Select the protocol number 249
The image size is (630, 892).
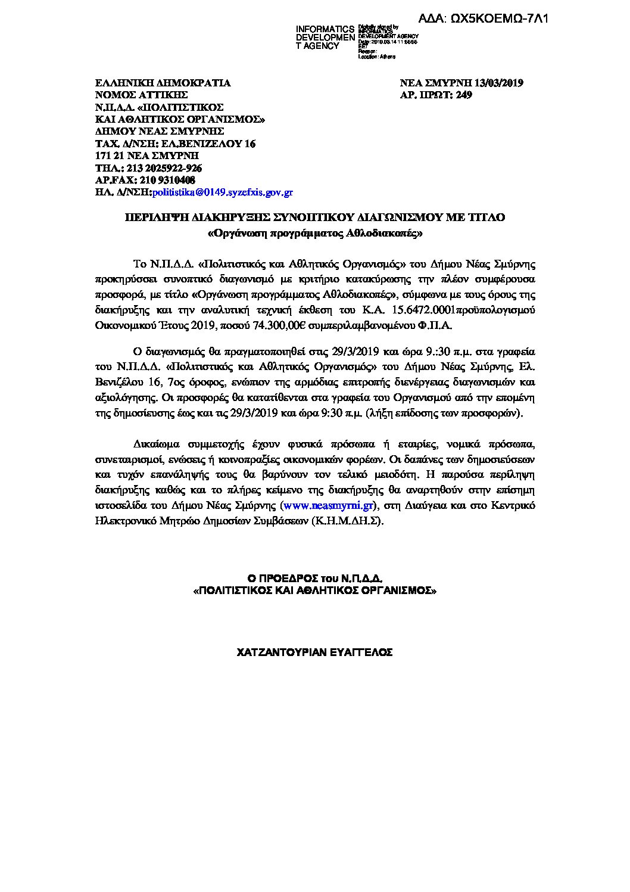point(464,94)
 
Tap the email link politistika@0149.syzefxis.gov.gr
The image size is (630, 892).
point(223,192)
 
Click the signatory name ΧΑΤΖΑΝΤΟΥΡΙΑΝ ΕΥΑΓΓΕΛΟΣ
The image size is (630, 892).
point(314,652)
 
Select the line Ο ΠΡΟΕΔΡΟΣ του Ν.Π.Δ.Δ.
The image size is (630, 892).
point(314,578)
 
